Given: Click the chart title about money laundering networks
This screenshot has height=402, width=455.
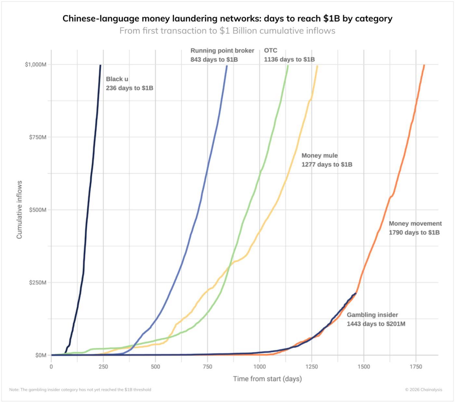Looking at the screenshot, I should pyautogui.click(x=227, y=18).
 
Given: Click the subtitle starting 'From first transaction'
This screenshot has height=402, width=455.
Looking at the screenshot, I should pyautogui.click(x=227, y=31).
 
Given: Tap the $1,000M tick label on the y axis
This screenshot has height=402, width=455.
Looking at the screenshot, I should pyautogui.click(x=36, y=65).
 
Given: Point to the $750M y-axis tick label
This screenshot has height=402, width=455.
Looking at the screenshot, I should pyautogui.click(x=38, y=137).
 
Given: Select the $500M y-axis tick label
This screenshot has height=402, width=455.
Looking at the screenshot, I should pyautogui.click(x=38, y=210).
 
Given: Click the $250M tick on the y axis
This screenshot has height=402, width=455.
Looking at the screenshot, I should pyautogui.click(x=38, y=283).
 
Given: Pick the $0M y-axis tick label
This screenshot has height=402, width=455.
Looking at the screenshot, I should pyautogui.click(x=40, y=355).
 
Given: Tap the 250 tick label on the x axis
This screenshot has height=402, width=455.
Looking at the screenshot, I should pyautogui.click(x=103, y=367).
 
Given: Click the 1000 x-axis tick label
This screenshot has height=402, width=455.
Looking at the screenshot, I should pyautogui.click(x=260, y=367).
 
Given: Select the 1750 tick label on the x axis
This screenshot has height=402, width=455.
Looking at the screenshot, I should pyautogui.click(x=416, y=367).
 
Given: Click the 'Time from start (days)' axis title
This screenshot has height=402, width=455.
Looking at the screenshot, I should pyautogui.click(x=267, y=379).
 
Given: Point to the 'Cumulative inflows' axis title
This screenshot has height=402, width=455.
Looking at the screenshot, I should pyautogui.click(x=19, y=210).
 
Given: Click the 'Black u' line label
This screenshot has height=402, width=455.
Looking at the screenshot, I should pyautogui.click(x=117, y=79).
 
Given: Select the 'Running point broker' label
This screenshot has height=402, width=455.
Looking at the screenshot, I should pyautogui.click(x=222, y=51).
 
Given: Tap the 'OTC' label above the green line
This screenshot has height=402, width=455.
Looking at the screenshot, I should pyautogui.click(x=270, y=51).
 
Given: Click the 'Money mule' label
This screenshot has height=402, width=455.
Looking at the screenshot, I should pyautogui.click(x=319, y=156).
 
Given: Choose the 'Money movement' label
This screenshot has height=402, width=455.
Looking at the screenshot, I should pyautogui.click(x=415, y=224).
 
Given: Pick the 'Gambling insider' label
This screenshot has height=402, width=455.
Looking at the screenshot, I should pyautogui.click(x=372, y=315).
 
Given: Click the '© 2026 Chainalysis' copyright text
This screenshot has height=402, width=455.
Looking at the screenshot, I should pyautogui.click(x=423, y=390).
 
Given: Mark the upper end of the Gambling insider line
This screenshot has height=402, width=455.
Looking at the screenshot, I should pyautogui.click(x=356, y=294).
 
